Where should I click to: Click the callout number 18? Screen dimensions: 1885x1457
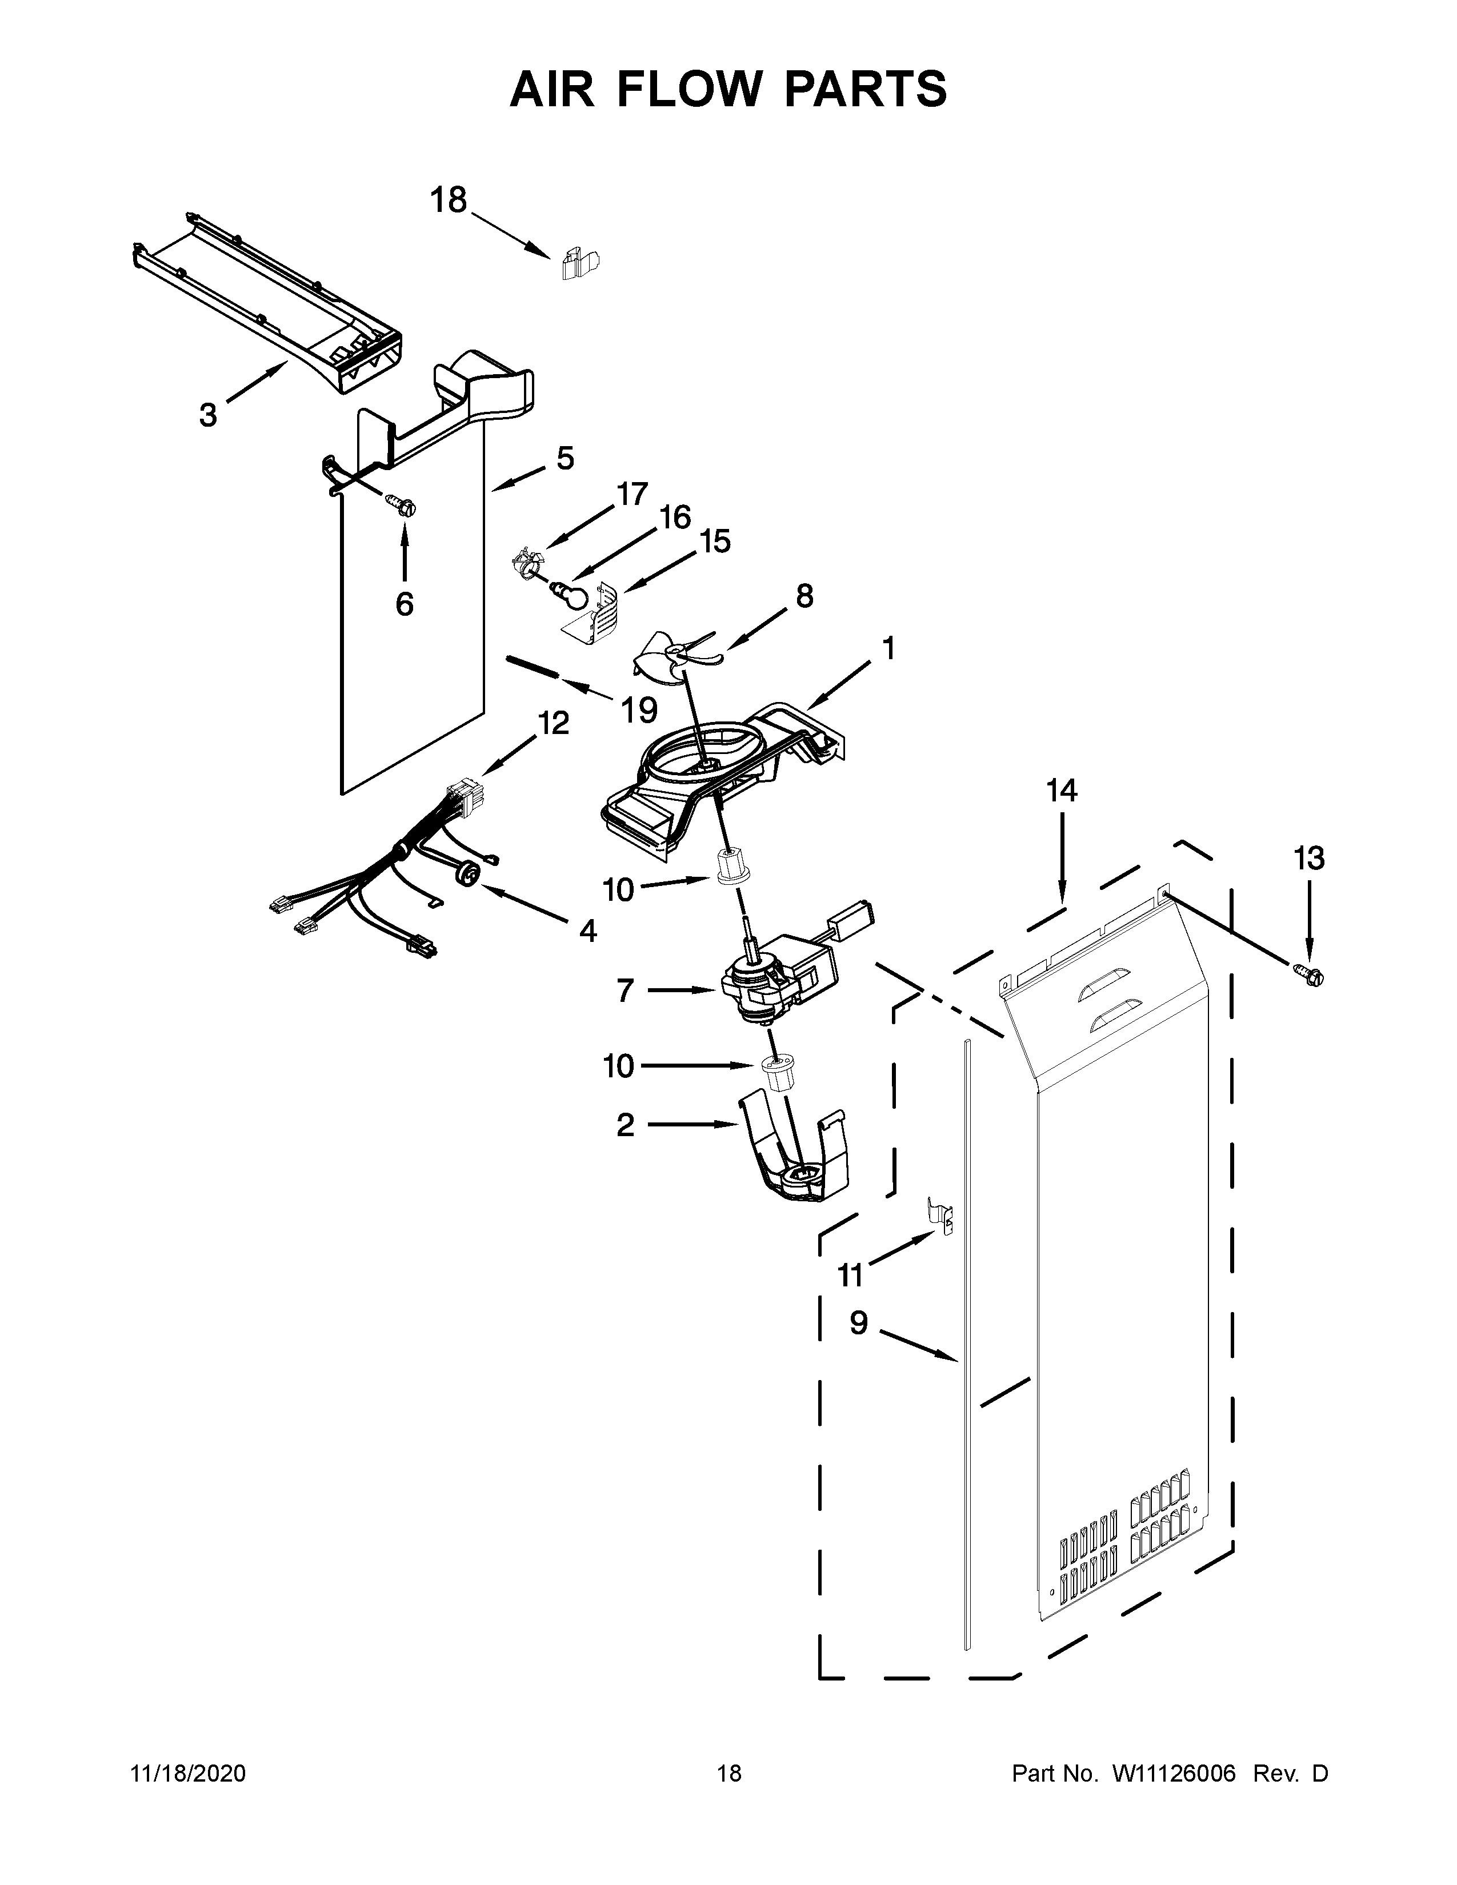click(449, 200)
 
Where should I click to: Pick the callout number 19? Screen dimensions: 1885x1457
click(639, 711)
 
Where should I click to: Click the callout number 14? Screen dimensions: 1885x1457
click(1062, 791)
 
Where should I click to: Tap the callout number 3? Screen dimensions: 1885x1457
click(208, 415)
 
